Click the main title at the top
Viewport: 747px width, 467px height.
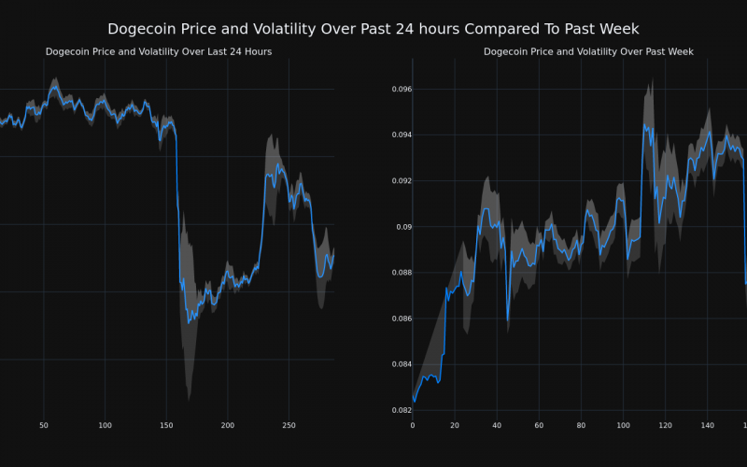[x=373, y=29]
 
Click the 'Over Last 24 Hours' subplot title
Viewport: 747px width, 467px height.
[x=159, y=52]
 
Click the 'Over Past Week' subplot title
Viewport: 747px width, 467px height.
[x=588, y=52]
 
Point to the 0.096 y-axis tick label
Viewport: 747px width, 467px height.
[x=399, y=90]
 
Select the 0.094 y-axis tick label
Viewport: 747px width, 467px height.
[x=399, y=135]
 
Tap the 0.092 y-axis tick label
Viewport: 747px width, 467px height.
[x=399, y=181]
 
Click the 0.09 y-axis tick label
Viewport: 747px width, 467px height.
[x=402, y=227]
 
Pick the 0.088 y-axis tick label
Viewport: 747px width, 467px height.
[x=399, y=273]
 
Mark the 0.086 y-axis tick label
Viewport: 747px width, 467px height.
[x=399, y=318]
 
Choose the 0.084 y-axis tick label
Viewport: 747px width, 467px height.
[x=399, y=364]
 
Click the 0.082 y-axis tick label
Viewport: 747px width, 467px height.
[x=399, y=410]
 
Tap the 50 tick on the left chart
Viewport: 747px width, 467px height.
[x=44, y=425]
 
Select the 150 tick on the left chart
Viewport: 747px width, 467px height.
[x=166, y=425]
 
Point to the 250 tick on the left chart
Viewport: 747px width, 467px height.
[x=289, y=425]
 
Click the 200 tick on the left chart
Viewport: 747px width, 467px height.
[x=228, y=425]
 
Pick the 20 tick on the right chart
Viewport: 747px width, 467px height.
[x=455, y=425]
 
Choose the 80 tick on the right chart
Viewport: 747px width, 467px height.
[x=581, y=425]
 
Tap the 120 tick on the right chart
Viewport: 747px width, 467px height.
[x=665, y=425]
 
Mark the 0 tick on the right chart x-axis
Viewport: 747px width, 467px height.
[x=413, y=425]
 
